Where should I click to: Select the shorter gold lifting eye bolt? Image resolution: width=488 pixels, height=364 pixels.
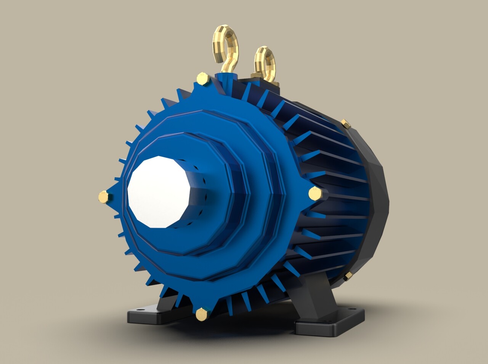point(265,63)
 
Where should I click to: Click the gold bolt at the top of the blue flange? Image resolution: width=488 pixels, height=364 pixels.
point(202,79)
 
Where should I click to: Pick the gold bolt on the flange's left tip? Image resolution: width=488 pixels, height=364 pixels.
point(103,197)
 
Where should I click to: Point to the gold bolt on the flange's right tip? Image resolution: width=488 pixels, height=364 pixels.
point(315,193)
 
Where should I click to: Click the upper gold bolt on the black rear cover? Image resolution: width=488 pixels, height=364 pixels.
point(346,123)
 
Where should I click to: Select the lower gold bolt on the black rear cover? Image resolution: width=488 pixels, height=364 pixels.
point(348,276)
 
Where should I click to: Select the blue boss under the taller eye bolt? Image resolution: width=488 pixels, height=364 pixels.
point(226,78)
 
